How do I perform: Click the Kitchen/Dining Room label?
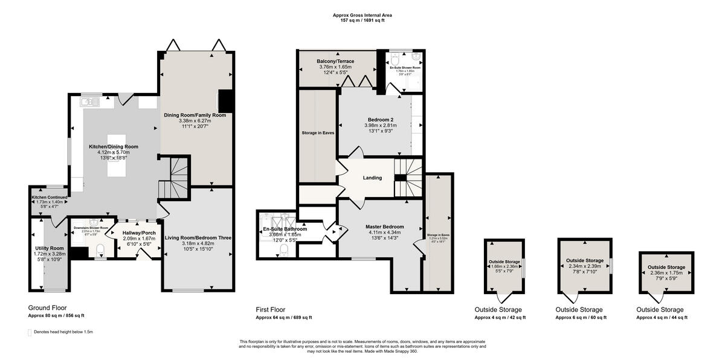click(114, 146)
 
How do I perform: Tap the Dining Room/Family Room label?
click(195, 114)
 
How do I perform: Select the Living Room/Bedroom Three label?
click(198, 238)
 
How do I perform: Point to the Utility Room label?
click(49, 248)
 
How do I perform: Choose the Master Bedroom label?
click(384, 227)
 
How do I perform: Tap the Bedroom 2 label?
click(380, 119)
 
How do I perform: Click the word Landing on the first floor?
click(372, 178)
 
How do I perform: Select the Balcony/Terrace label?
click(335, 62)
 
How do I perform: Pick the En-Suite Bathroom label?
click(285, 229)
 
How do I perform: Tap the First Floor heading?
click(275, 309)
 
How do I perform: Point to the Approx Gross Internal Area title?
click(358, 15)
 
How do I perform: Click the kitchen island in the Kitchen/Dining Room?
click(118, 156)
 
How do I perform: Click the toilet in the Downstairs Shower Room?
click(100, 250)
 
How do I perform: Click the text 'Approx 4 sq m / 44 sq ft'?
click(662, 317)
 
